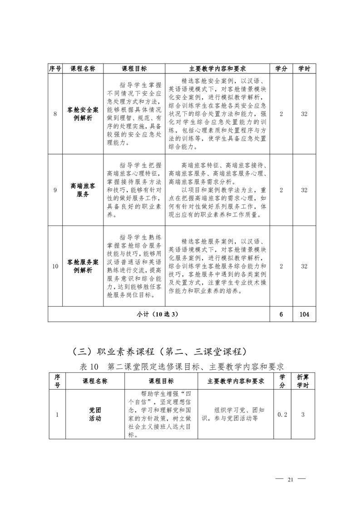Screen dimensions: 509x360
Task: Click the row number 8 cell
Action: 55,114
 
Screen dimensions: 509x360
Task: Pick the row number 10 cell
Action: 55,266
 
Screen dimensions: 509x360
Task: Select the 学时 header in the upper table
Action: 304,69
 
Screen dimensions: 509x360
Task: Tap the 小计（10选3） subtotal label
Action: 158,314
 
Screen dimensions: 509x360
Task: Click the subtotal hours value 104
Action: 304,314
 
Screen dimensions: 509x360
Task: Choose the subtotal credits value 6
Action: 281,314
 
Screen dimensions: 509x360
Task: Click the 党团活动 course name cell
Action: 95,414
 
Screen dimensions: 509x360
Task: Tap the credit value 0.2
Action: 282,414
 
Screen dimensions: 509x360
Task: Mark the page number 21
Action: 291,480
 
